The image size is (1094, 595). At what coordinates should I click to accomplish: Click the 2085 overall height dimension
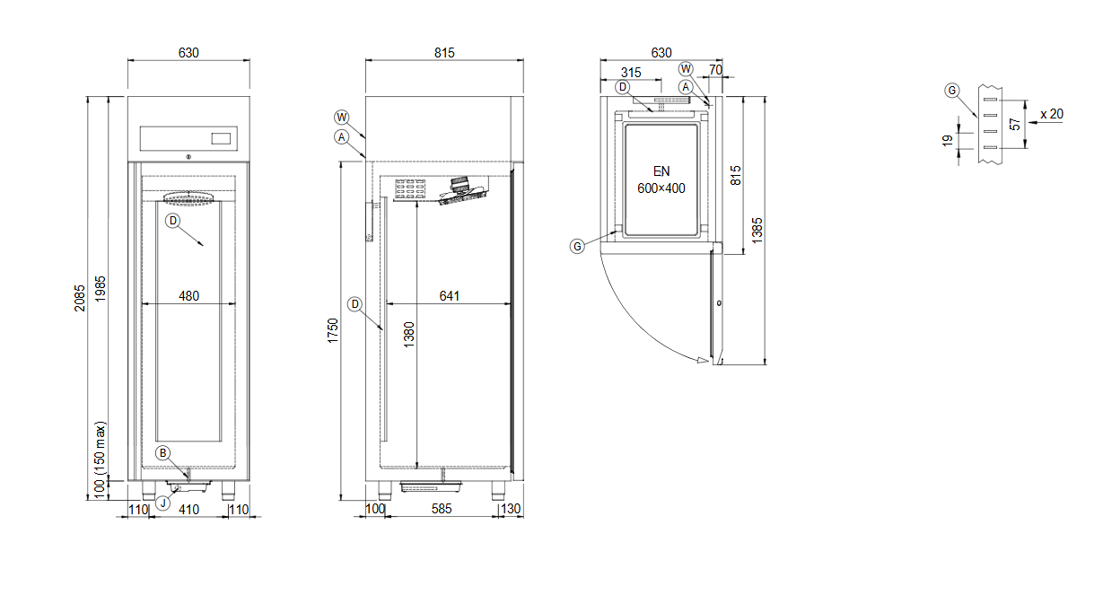coord(80,298)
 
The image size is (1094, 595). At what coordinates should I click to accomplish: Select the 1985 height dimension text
coord(101,289)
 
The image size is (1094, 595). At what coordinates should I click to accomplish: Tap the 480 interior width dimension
coord(189,296)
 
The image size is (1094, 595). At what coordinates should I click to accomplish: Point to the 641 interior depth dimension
coord(450,296)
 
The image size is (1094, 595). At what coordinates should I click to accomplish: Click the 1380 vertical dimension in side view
coord(408,335)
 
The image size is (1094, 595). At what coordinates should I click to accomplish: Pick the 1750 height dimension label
coord(333,331)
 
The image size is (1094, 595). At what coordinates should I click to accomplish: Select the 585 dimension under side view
coord(442,509)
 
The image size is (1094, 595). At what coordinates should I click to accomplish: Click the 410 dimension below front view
coord(189,510)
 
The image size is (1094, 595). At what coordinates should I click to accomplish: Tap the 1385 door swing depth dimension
coord(757,231)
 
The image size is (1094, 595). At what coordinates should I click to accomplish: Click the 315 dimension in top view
coord(631,73)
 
